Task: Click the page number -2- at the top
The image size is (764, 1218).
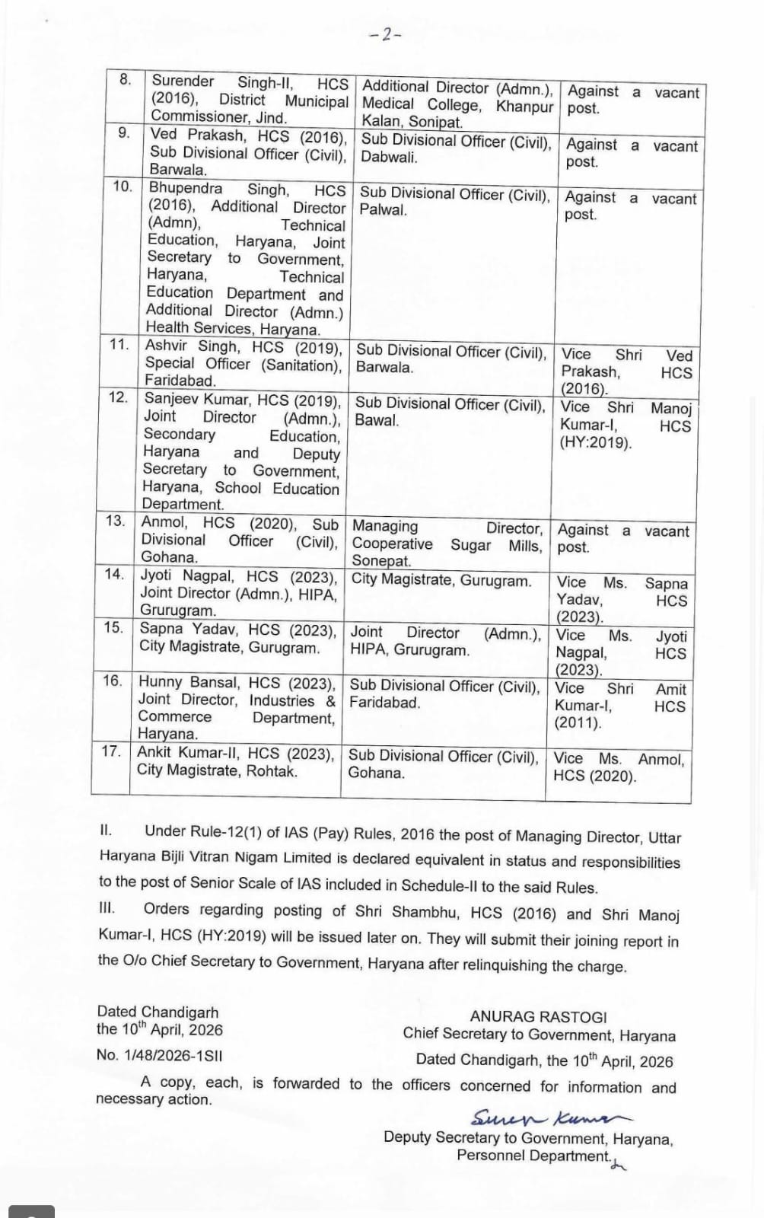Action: (x=385, y=34)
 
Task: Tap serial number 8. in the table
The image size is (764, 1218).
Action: (x=126, y=79)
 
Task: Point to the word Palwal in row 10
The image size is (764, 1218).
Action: (x=382, y=210)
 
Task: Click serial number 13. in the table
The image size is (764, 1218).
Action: (x=115, y=521)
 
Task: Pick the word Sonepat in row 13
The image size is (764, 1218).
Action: (x=380, y=561)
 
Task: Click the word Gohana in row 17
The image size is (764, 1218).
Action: (x=375, y=773)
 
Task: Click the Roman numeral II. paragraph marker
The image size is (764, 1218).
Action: (x=106, y=830)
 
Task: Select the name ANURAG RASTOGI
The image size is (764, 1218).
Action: (x=538, y=1016)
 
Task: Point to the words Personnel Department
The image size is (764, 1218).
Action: (x=533, y=1156)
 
